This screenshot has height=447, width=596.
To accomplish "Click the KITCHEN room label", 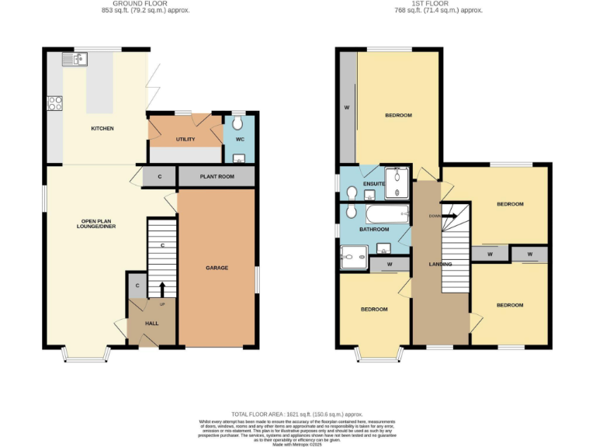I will [102, 128].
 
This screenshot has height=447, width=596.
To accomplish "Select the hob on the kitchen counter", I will [55, 102].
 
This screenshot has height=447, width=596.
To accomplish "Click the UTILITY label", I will [185, 140].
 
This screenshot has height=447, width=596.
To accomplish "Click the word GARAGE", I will [217, 268].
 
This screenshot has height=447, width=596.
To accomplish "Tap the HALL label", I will [151, 323].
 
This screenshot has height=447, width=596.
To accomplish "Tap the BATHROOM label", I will [373, 230].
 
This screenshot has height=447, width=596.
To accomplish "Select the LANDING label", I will [440, 264].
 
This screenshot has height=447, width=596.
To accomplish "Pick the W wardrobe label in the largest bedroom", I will [347, 107].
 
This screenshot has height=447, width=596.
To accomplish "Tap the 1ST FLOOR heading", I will [438, 4].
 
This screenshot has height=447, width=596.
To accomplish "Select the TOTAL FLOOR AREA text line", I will [297, 414].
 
